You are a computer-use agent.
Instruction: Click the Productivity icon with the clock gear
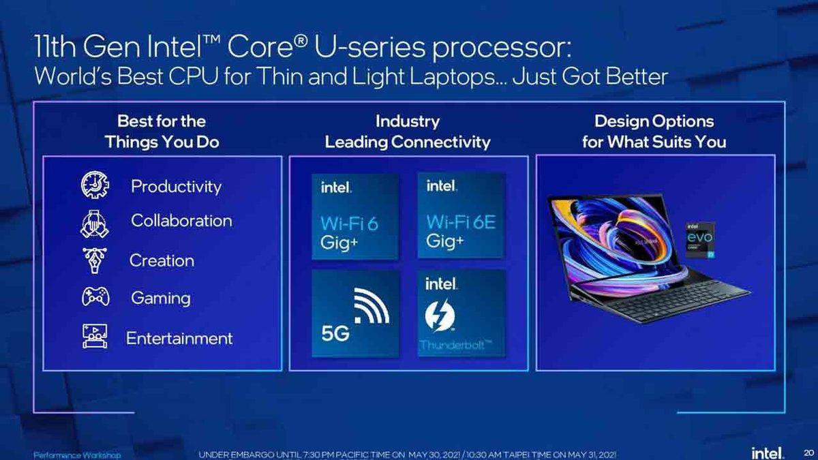click(95, 185)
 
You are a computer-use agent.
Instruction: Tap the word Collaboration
click(181, 221)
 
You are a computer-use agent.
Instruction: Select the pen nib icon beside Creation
click(93, 260)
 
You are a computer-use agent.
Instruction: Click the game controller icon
click(95, 298)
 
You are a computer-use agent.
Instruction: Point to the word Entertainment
click(179, 338)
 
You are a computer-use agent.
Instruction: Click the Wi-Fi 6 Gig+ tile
click(354, 215)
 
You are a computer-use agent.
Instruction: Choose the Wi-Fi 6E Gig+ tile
click(461, 215)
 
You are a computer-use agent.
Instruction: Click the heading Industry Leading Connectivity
click(407, 132)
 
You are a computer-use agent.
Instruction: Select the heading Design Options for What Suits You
click(654, 132)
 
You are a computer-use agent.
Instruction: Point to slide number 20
click(808, 453)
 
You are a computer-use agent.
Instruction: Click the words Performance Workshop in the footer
click(77, 455)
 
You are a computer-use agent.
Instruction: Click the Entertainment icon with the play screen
click(94, 337)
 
